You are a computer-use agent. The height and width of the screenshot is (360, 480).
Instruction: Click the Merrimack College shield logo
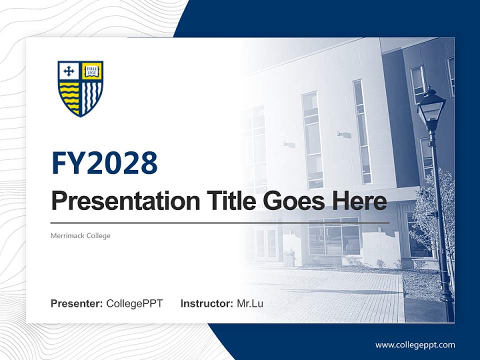pos(80,88)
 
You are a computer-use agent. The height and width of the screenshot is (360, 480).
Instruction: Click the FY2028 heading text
pos(104,163)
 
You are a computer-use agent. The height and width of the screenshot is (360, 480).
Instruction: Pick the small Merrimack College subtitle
pos(80,235)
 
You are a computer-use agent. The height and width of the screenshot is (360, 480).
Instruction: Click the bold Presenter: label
pos(77,303)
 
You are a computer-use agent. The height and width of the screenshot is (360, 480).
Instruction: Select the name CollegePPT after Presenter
pos(134,303)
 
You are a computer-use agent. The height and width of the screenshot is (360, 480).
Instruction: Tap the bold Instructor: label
pos(206,303)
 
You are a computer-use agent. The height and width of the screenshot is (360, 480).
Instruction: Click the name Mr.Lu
pos(250,303)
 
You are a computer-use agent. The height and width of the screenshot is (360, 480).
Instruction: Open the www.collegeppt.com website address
pos(415,344)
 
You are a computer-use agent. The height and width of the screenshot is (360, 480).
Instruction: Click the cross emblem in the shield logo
pos(69,71)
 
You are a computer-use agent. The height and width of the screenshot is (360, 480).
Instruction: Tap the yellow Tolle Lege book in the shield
pos(91,70)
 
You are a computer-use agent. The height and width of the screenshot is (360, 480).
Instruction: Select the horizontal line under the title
pos(220,222)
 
